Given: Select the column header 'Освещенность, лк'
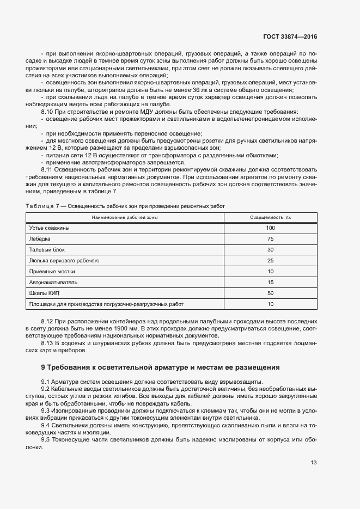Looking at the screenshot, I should tap(270, 217).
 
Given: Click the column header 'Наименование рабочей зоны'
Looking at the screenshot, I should tap(125, 217).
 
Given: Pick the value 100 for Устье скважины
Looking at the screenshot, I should tap(270, 228).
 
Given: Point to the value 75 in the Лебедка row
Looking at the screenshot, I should tap(270, 239).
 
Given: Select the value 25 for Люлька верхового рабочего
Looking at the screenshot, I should tap(270, 261).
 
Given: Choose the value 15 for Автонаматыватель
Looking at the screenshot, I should tap(270, 283).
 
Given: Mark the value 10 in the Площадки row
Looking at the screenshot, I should tap(270, 304).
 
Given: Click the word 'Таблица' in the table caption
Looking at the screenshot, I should tap(40, 206).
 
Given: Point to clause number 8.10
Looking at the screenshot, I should tap(47, 111).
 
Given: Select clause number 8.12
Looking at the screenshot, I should tap(47, 322).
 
